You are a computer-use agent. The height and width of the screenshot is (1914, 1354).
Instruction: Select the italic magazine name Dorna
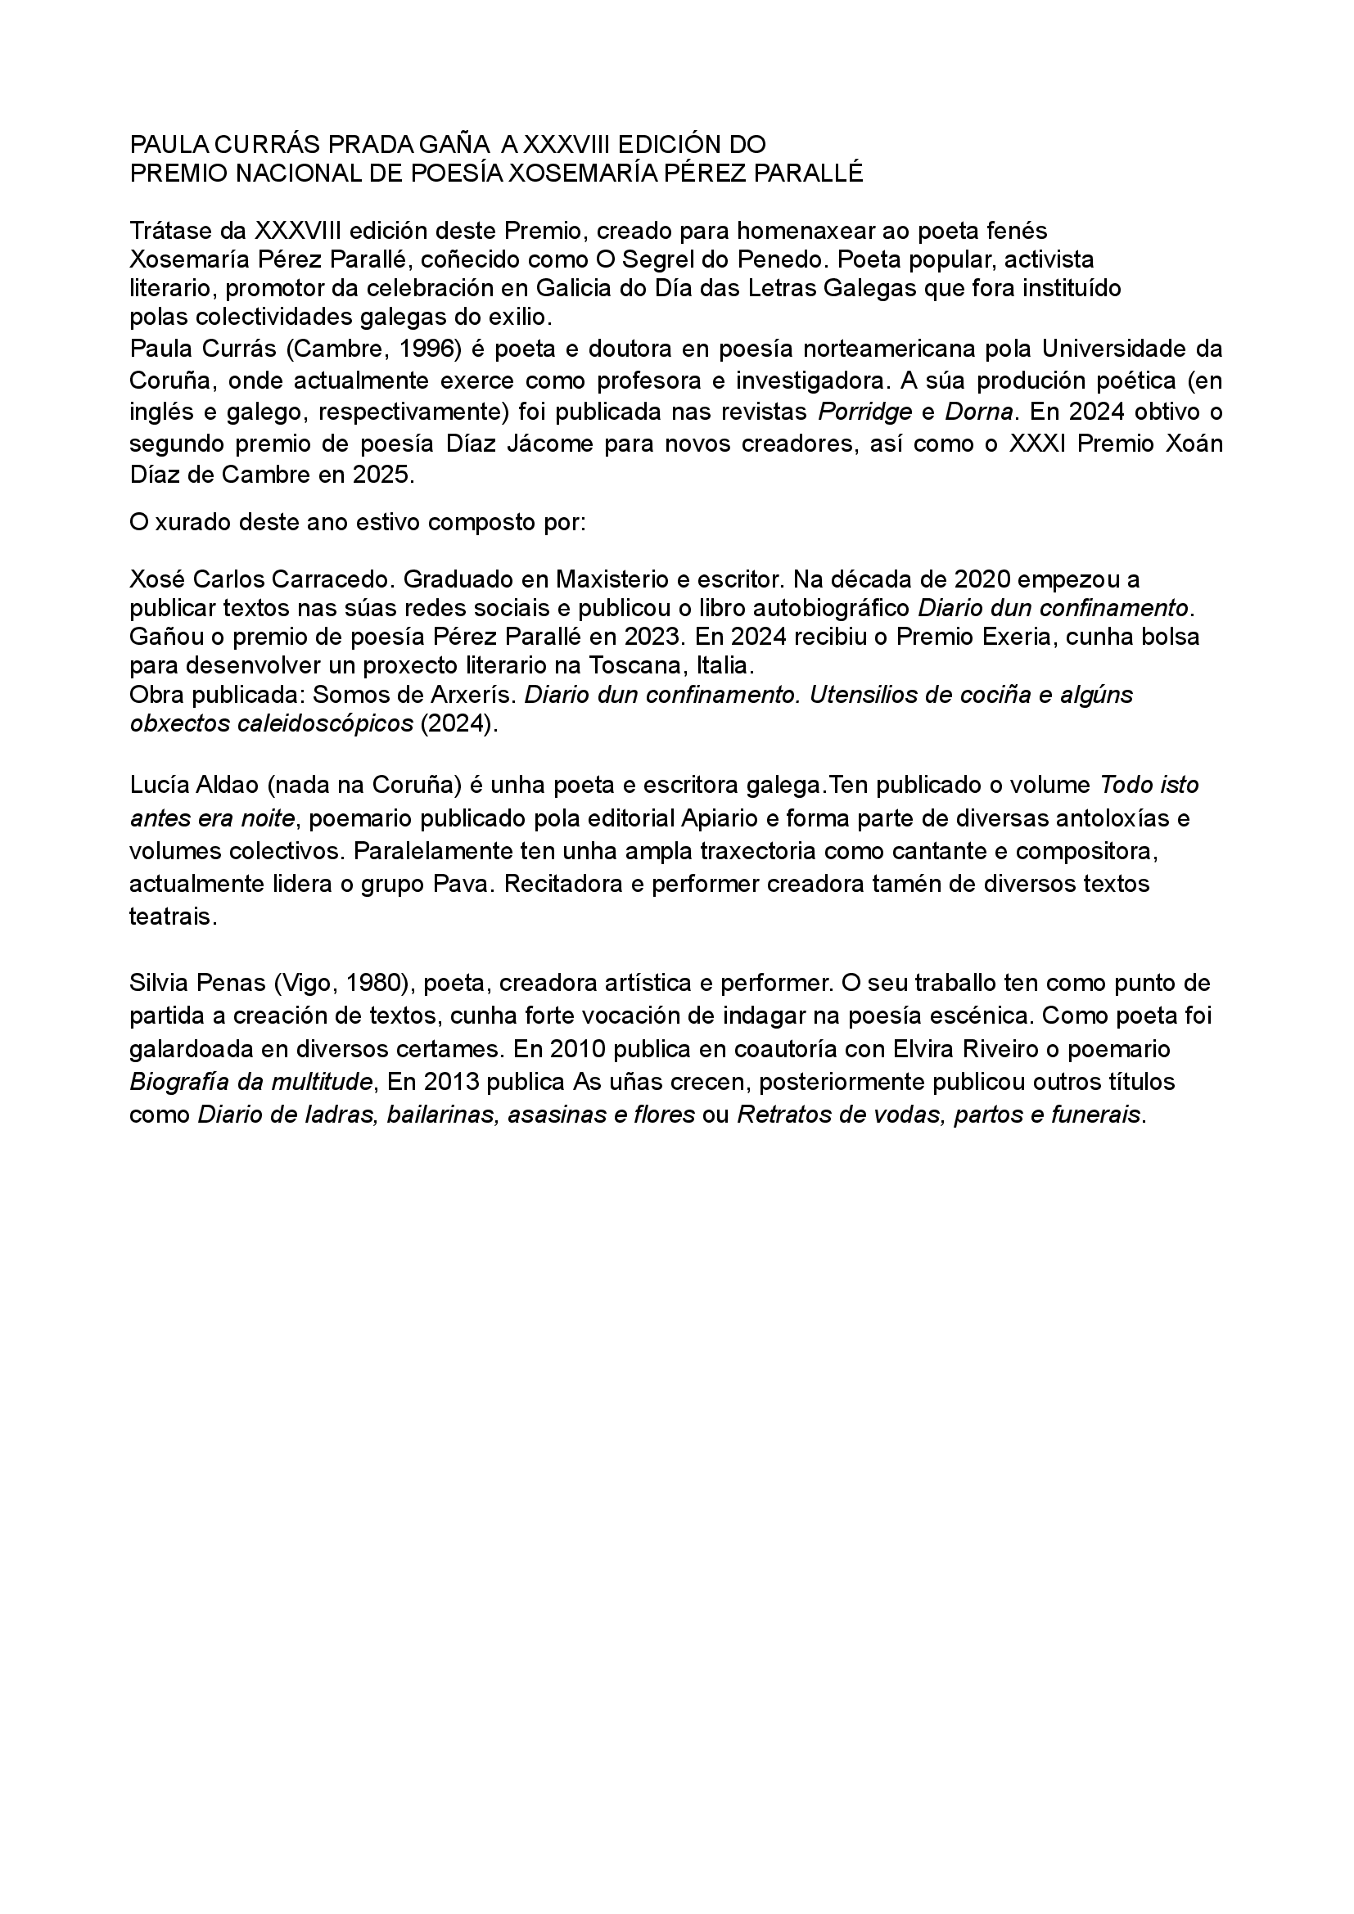tap(979, 412)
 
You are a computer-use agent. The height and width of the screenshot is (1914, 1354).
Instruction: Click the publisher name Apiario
tap(718, 818)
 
